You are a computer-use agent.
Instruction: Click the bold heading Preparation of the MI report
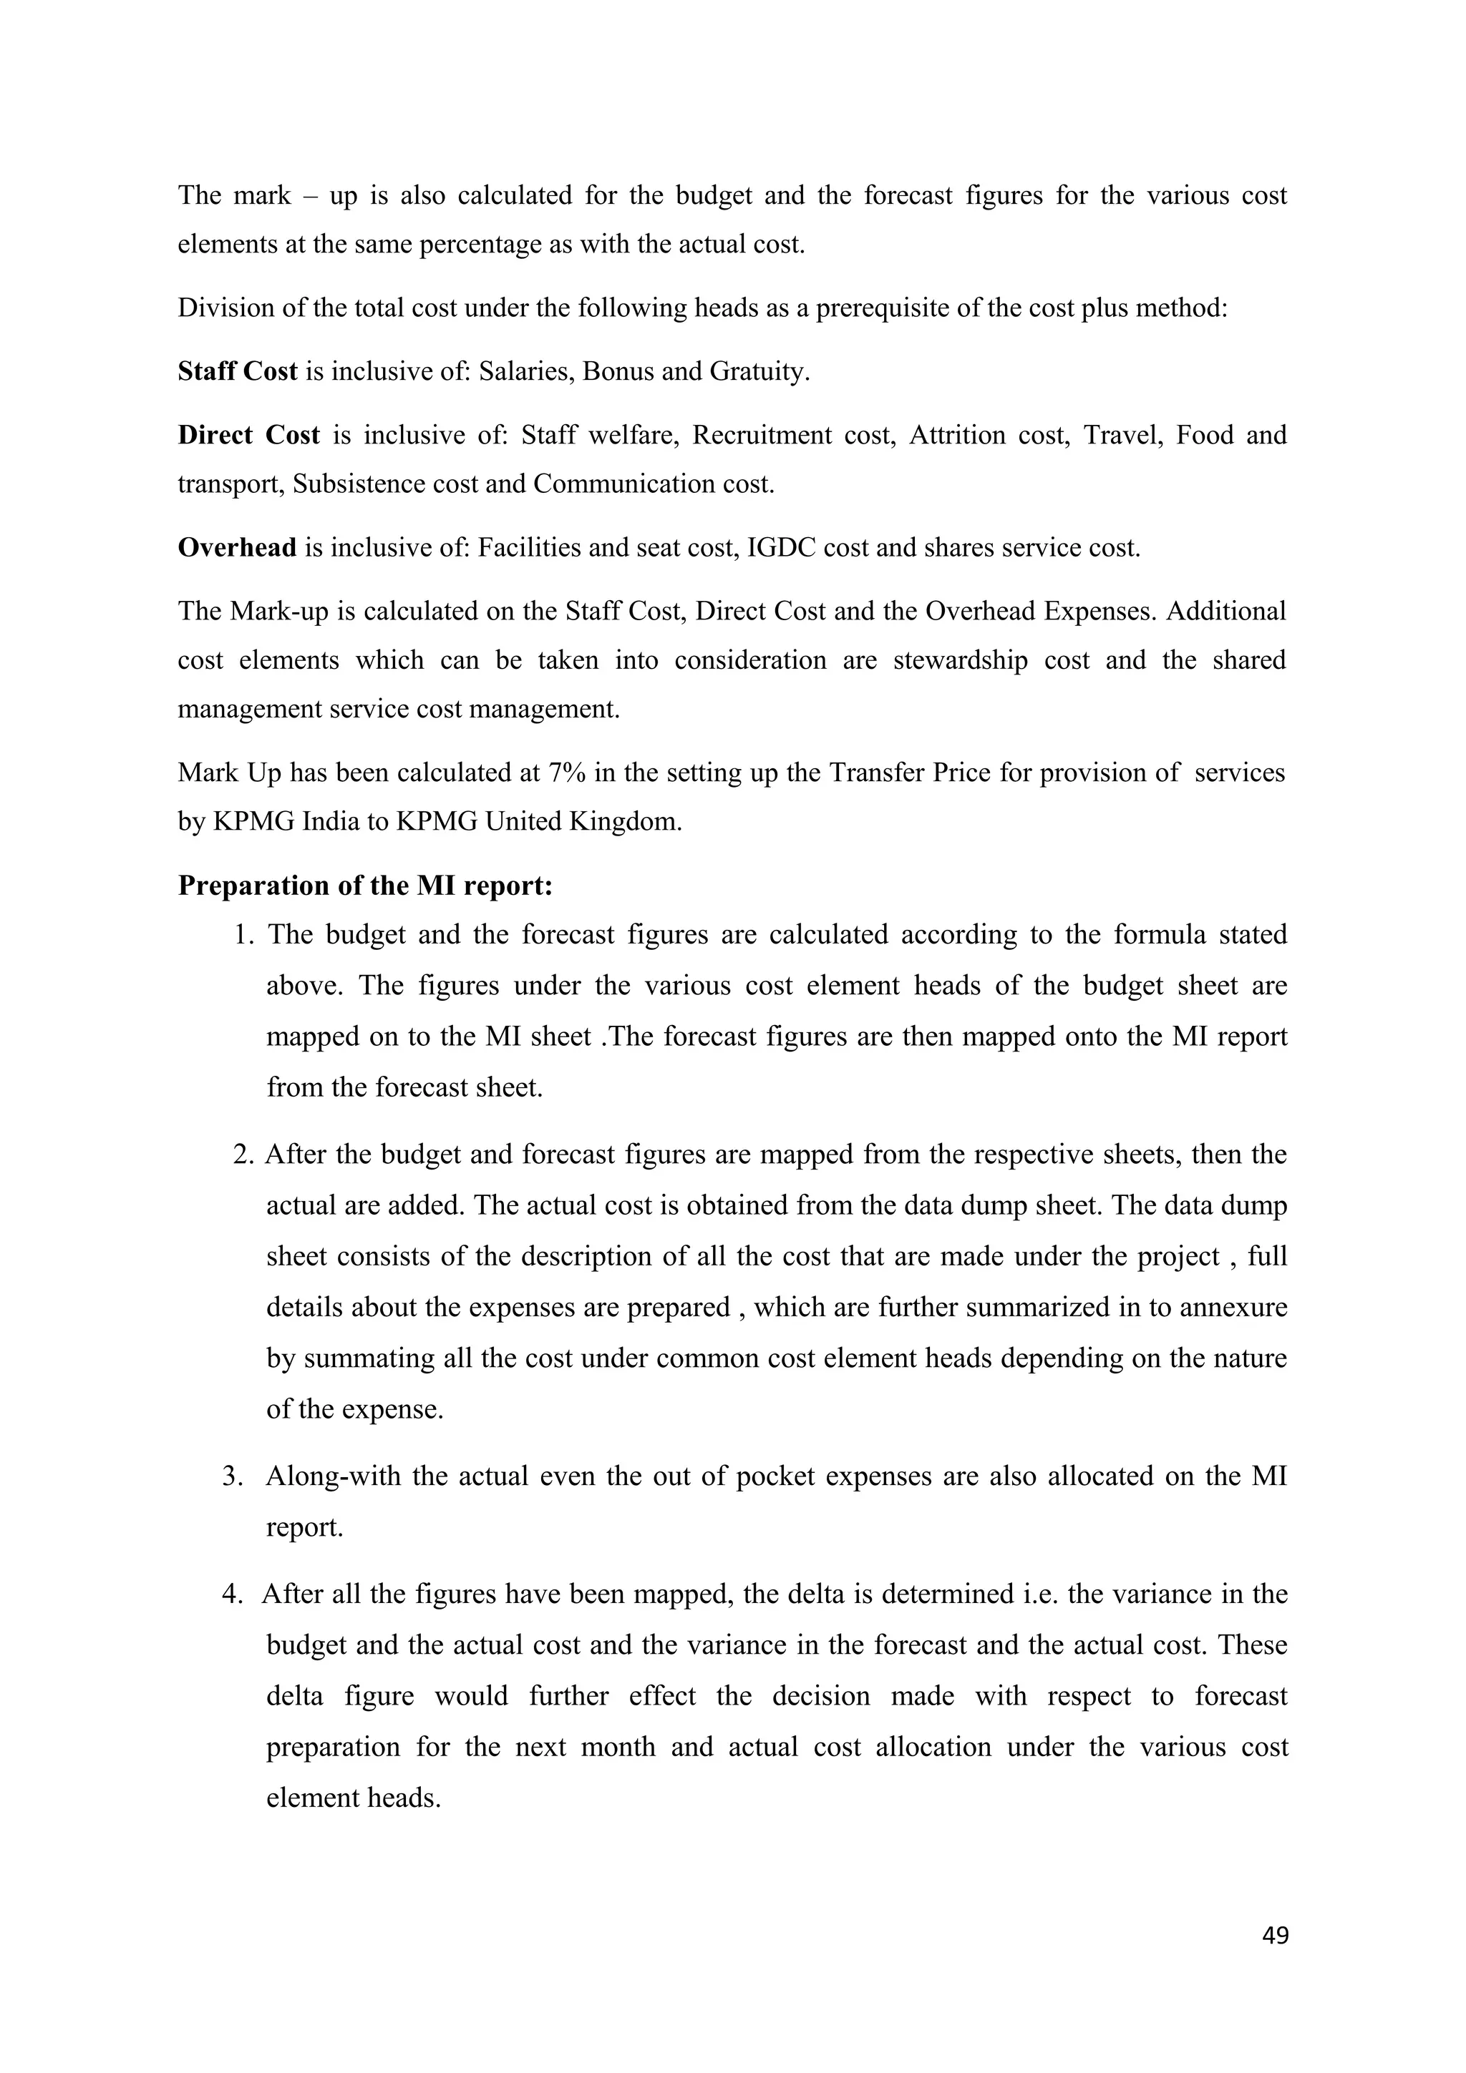(x=365, y=886)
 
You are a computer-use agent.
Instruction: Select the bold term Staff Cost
(x=238, y=371)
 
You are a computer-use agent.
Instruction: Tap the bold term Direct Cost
(x=248, y=435)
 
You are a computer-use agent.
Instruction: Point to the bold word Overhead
(x=237, y=547)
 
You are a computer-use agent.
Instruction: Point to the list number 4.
(x=232, y=1594)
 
